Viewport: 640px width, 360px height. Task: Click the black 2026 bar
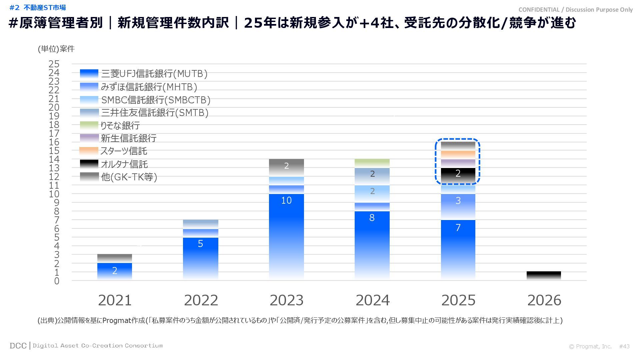[544, 276]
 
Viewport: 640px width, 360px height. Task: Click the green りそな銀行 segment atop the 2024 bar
[372, 163]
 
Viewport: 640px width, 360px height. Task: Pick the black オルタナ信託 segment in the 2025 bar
[458, 176]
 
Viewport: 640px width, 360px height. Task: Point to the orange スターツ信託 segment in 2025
[458, 155]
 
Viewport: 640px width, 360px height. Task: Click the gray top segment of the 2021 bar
[115, 258]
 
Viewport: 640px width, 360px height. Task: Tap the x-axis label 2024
[372, 300]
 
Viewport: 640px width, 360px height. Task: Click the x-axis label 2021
[115, 300]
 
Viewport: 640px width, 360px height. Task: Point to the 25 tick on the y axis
[54, 64]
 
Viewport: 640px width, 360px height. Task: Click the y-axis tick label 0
[57, 281]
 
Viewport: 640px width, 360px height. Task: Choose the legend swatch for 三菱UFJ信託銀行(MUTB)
[89, 74]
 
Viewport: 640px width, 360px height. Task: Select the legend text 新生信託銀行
[129, 138]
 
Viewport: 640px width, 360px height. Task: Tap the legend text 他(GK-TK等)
[129, 177]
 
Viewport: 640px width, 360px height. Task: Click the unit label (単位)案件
[56, 49]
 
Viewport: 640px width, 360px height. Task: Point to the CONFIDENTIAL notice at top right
[575, 10]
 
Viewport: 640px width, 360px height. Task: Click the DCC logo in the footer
[18, 346]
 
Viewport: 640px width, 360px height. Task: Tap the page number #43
[624, 346]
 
